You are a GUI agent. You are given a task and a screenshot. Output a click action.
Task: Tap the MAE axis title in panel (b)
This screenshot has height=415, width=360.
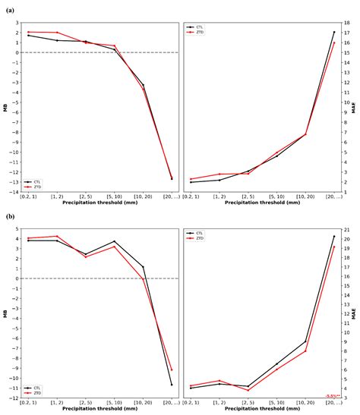tap(354, 314)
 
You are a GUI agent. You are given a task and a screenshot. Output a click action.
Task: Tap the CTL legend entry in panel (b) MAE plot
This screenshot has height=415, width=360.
tap(201, 234)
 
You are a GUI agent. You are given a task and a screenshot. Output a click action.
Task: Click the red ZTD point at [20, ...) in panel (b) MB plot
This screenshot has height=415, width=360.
tap(172, 369)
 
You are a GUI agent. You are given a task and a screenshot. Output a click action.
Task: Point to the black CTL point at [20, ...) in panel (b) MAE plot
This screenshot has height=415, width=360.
tap(333, 236)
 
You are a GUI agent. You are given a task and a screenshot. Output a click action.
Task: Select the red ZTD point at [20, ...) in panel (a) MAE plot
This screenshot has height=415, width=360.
tap(333, 42)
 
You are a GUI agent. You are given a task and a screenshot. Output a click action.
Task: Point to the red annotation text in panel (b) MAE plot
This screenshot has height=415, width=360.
tap(332, 396)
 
